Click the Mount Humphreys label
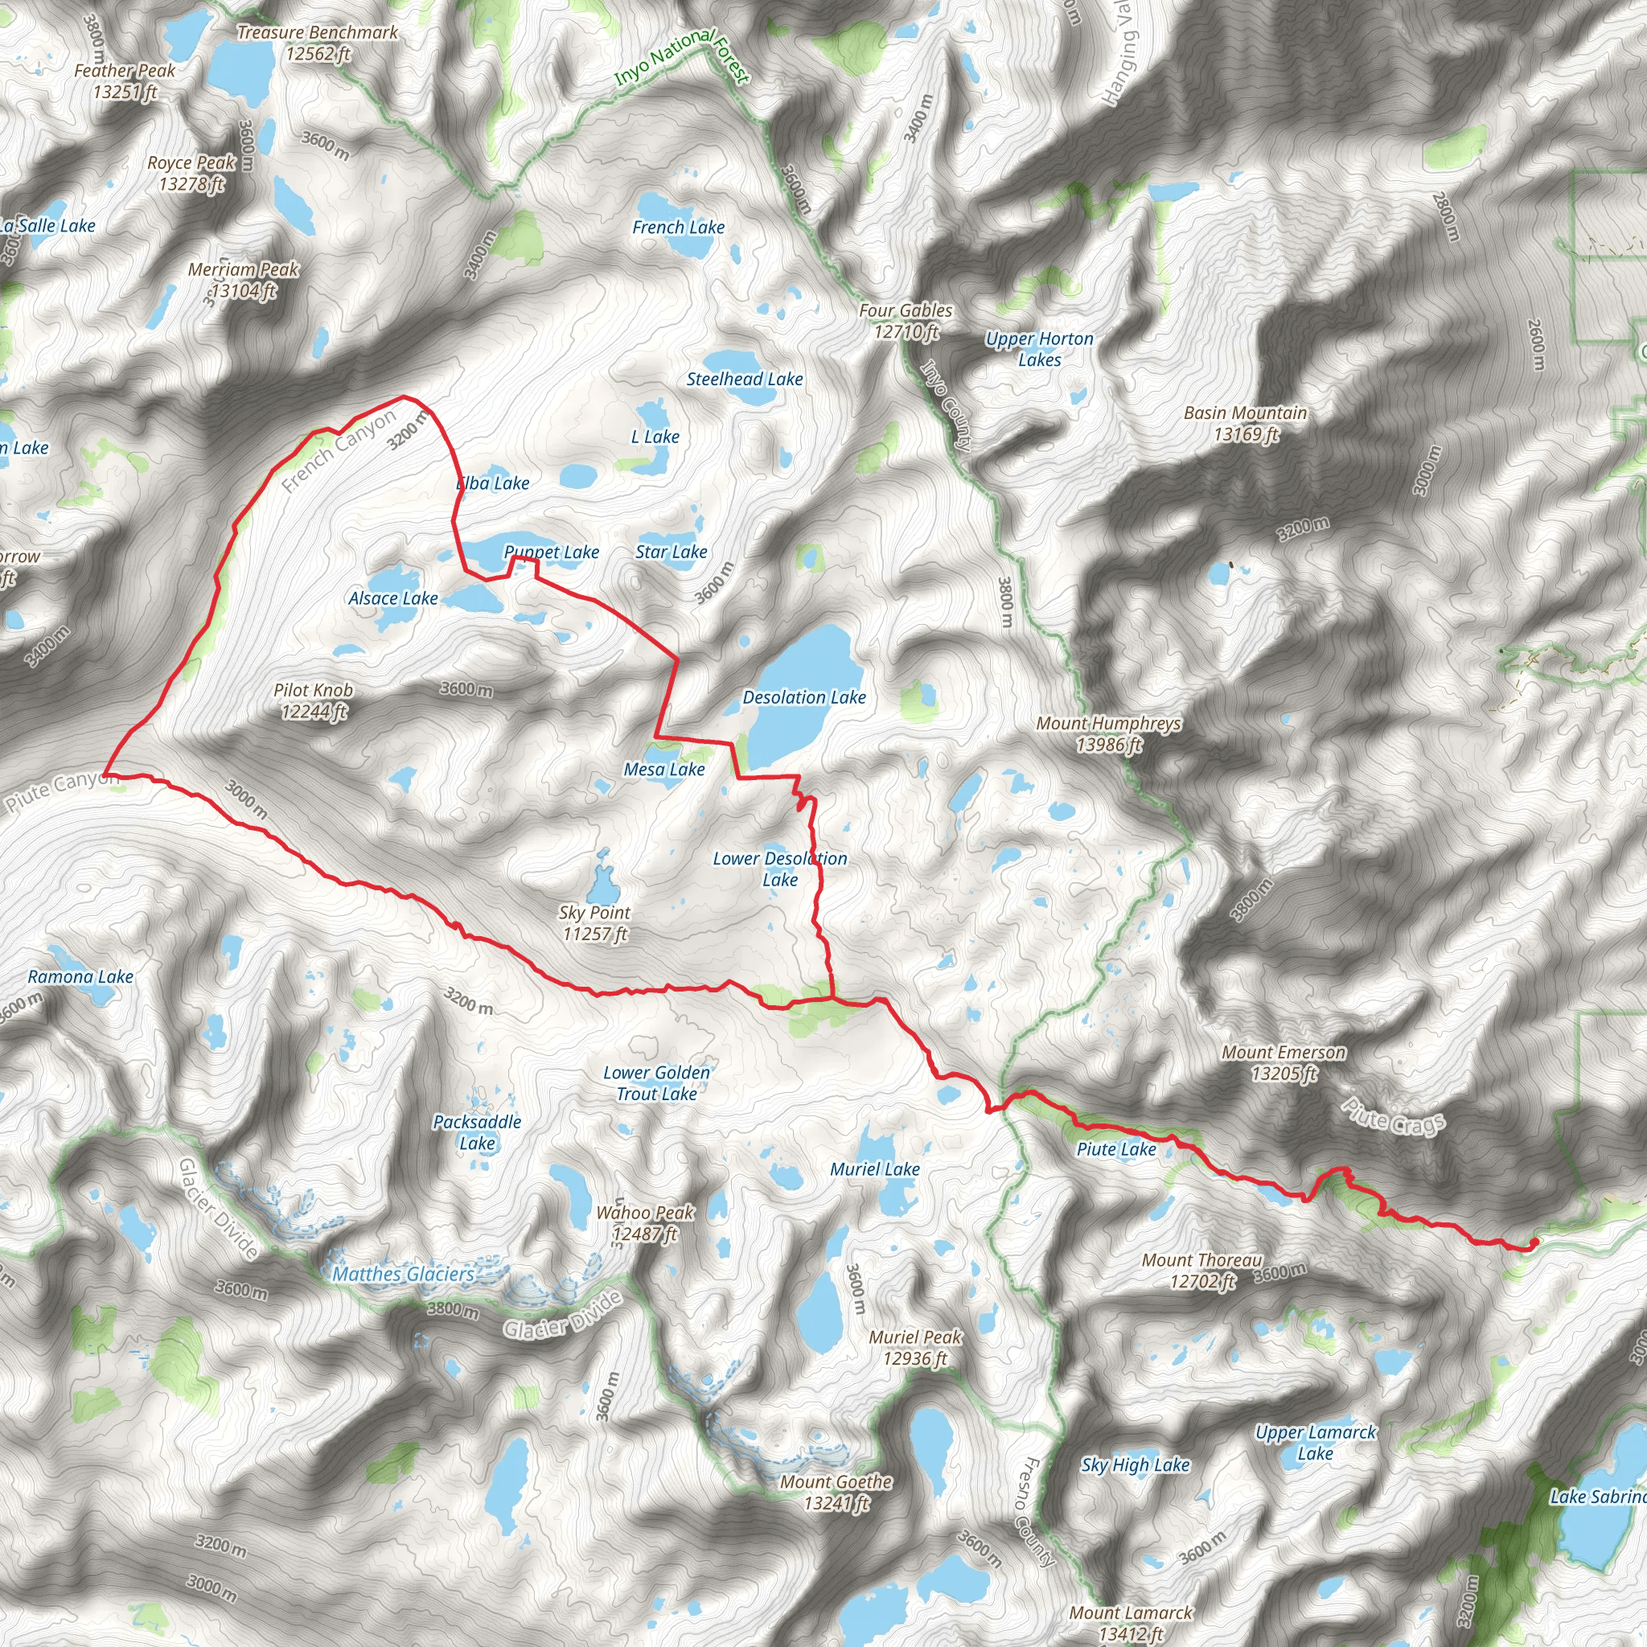pos(1108,734)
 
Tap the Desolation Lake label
pos(804,697)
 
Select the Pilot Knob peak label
pos(313,700)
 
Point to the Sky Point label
pos(594,923)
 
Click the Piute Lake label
pos(1116,1149)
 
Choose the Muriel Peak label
pos(914,1348)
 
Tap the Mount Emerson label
pos(1284,1063)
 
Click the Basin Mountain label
pos(1246,424)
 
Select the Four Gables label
pos(906,322)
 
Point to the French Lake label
pos(679,228)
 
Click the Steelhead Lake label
pos(744,380)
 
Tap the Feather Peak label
pos(125,81)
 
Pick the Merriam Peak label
pos(243,280)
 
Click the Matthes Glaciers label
pos(403,1275)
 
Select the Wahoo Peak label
pos(645,1222)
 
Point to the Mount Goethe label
pos(836,1493)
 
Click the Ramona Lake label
pos(81,977)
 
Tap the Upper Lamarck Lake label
pos(1316,1444)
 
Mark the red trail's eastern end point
pos(1533,1244)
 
